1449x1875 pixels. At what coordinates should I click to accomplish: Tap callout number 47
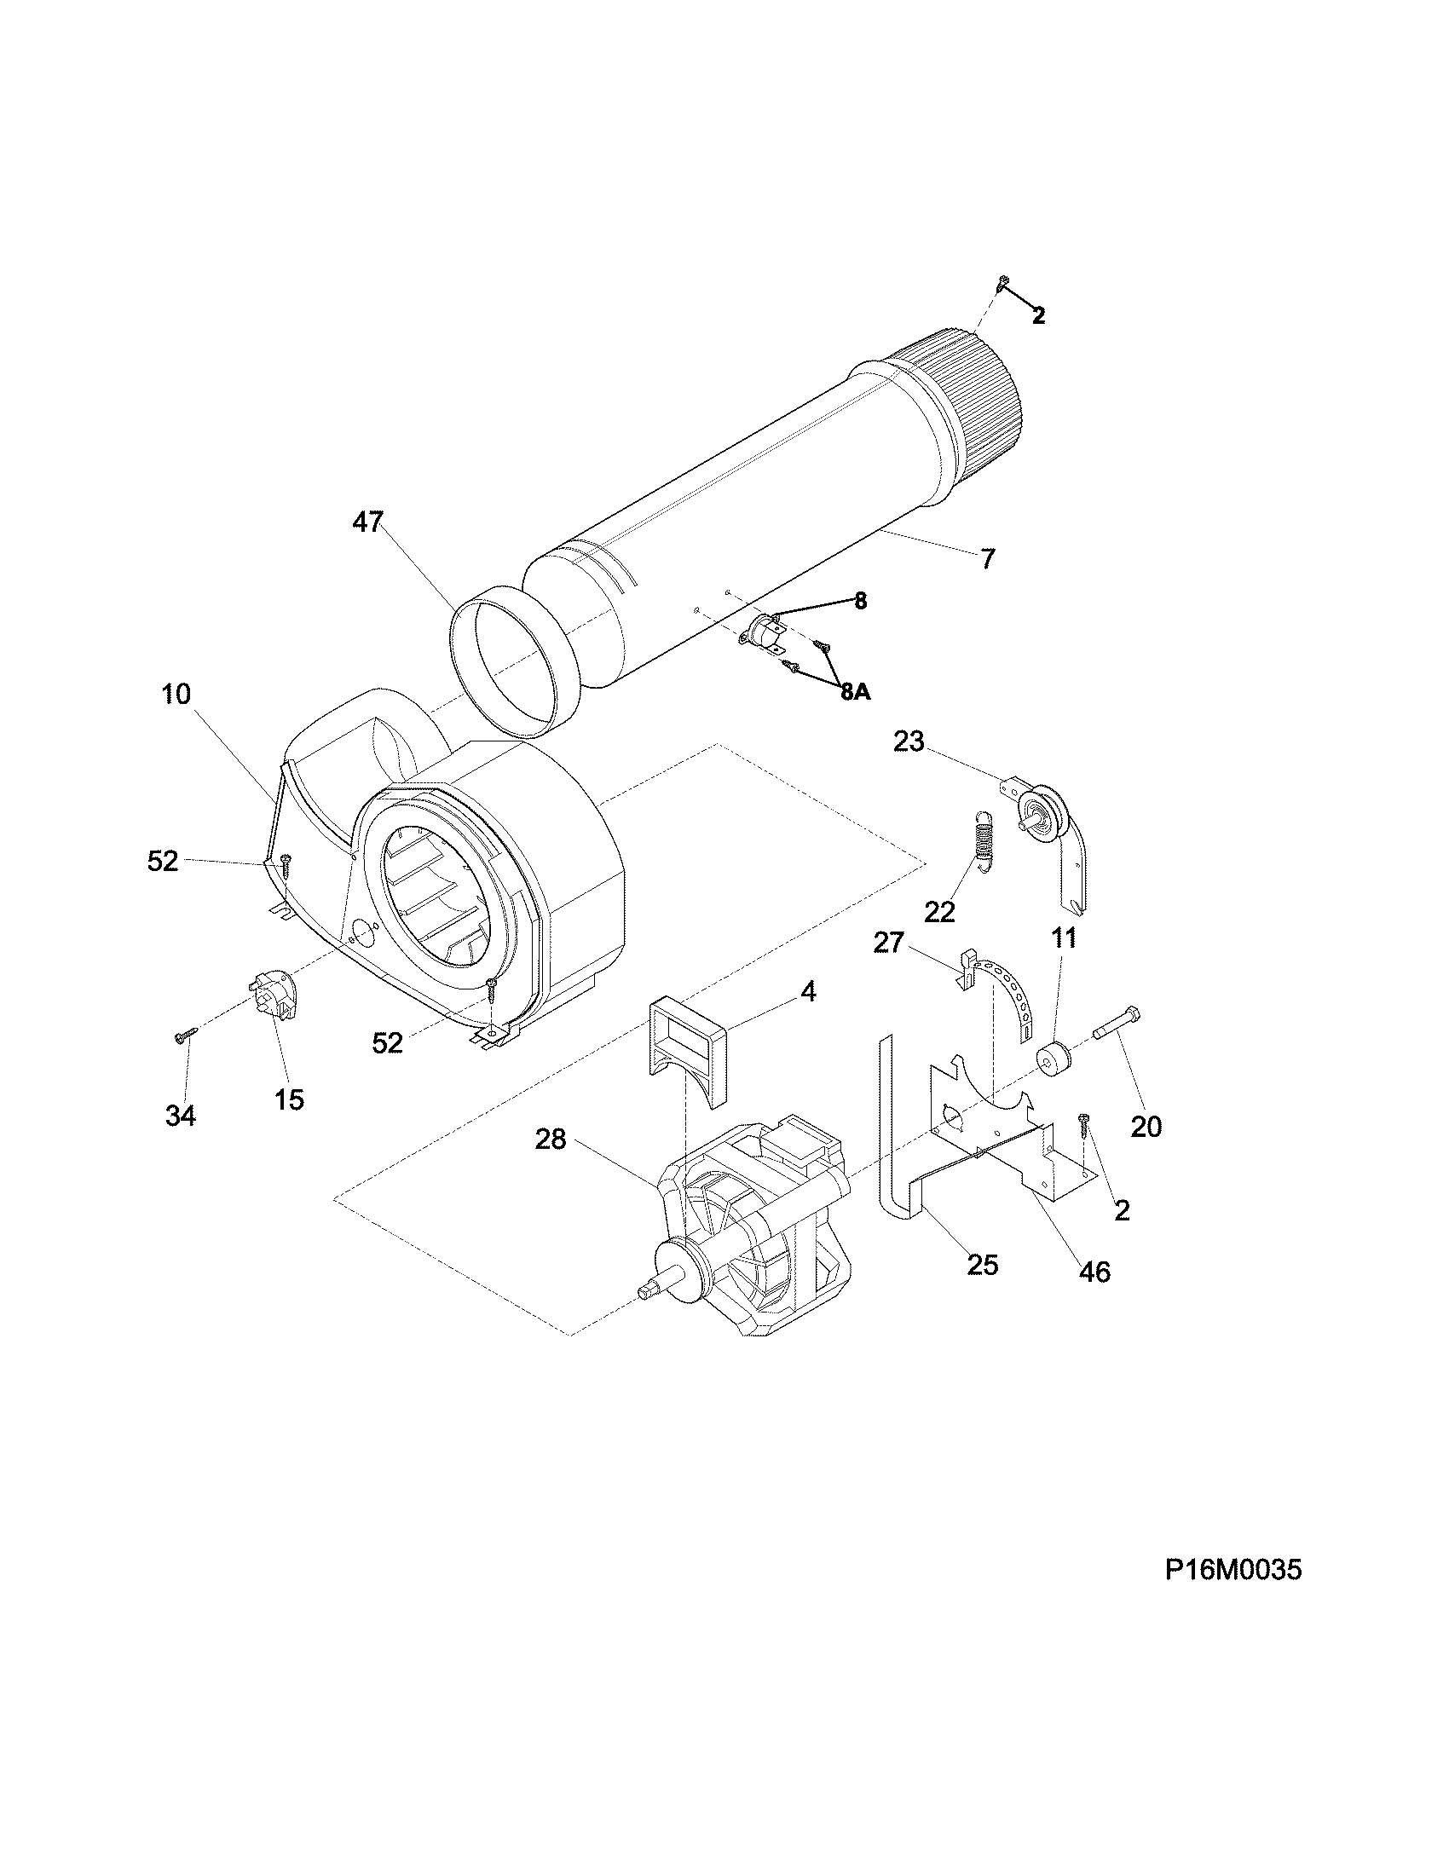[367, 522]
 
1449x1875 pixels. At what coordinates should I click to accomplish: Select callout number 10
[176, 694]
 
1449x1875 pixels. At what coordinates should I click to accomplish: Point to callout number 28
[551, 1141]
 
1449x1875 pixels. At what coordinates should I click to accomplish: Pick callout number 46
[1094, 1272]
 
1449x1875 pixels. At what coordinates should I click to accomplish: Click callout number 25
[982, 1265]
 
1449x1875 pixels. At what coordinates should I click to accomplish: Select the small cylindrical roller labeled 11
[1054, 1057]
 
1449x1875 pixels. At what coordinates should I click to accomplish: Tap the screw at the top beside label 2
[1002, 281]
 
